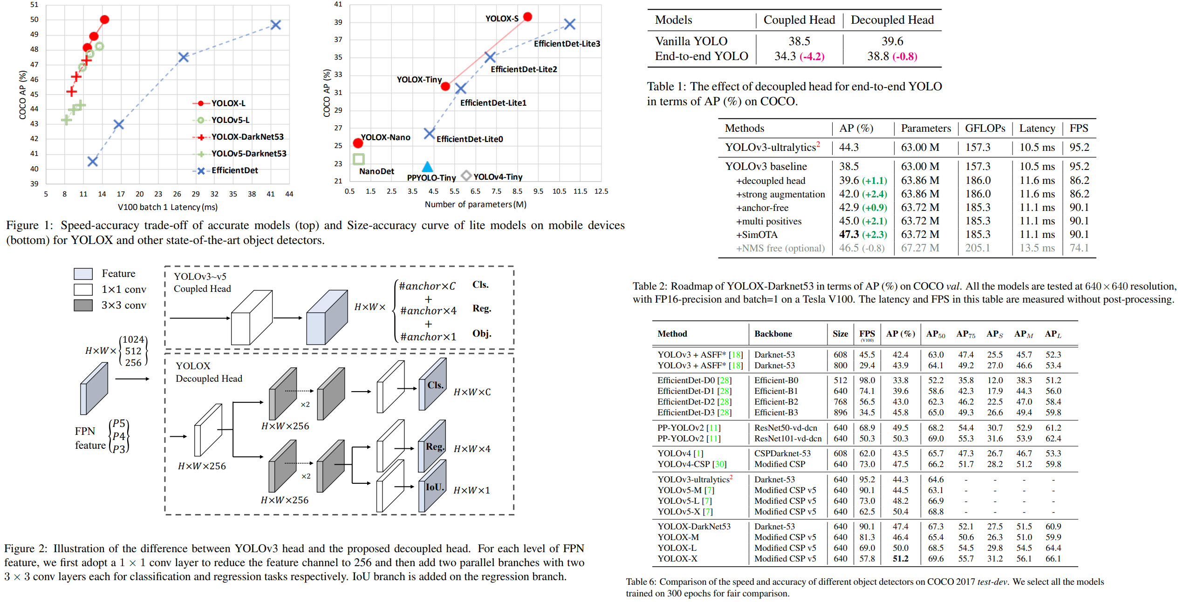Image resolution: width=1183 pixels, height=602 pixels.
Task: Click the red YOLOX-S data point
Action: (527, 17)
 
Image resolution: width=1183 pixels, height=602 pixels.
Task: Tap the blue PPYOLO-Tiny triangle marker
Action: (427, 167)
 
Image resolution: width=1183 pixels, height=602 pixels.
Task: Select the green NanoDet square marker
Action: (358, 159)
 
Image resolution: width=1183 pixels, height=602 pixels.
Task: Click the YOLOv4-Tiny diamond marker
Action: (466, 176)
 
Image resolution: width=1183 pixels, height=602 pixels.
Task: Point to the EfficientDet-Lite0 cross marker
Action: (429, 134)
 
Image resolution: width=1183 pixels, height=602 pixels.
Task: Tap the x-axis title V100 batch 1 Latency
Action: (167, 207)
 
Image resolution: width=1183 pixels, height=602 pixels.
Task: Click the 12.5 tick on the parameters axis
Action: (601, 191)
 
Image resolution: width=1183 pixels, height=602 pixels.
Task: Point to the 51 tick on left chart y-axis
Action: (34, 5)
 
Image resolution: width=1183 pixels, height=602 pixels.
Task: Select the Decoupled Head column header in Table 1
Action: (892, 20)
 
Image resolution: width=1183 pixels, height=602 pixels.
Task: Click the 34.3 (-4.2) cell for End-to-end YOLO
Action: (799, 56)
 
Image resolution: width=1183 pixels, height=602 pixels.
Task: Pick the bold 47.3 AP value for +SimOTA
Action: (849, 235)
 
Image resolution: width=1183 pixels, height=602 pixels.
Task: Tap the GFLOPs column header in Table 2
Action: (985, 129)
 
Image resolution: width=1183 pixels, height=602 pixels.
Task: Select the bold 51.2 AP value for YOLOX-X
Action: (900, 558)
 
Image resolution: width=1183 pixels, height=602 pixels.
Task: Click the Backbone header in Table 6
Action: (773, 334)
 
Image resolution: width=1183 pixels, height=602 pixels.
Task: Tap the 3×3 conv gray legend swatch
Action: (83, 305)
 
